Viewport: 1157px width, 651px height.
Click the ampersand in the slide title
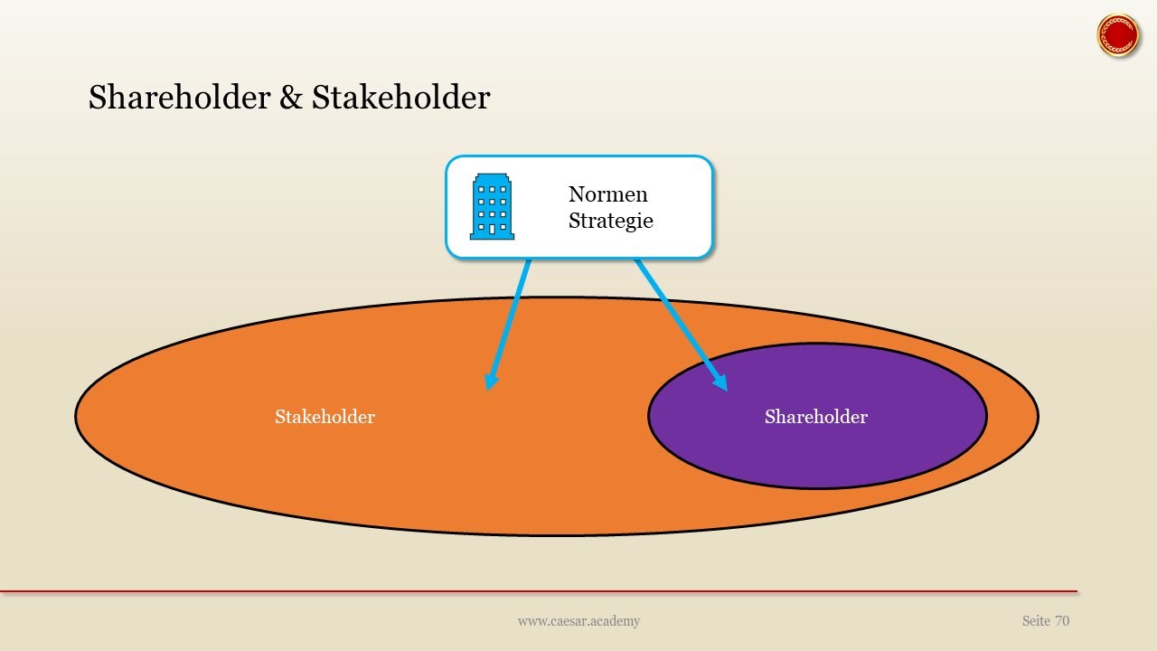[291, 98]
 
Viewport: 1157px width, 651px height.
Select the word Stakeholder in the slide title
[400, 98]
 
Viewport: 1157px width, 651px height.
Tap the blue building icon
[492, 207]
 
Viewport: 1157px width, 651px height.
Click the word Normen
[607, 194]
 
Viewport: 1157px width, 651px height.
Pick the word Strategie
[610, 221]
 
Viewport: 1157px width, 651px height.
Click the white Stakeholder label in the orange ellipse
[325, 417]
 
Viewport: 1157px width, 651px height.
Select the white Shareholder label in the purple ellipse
[815, 417]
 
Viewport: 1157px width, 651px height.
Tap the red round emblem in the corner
[1118, 35]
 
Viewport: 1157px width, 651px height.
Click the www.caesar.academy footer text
[578, 621]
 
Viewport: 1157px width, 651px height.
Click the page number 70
[1061, 621]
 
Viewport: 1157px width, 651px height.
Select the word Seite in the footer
[1036, 621]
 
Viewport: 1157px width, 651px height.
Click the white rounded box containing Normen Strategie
[578, 244]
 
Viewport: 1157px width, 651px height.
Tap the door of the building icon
[492, 230]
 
